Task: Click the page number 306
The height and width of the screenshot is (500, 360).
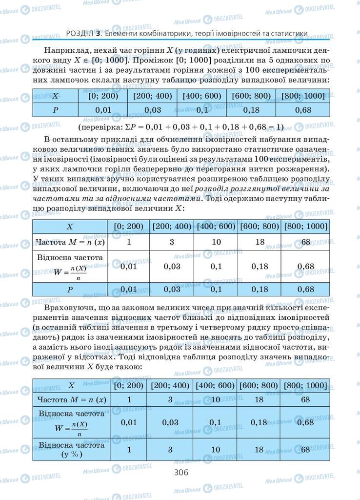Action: coord(180,472)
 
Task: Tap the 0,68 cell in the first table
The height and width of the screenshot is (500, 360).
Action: coord(303,110)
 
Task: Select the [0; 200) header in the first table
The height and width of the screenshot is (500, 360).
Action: coord(102,96)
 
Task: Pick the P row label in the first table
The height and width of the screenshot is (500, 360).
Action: coord(56,110)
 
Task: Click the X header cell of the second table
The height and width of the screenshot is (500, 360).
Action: coord(70,227)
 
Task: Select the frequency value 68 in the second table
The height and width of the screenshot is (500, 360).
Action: coord(306,242)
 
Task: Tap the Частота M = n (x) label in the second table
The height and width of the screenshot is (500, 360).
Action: coord(71,242)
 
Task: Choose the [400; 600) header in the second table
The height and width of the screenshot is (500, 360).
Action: coord(216,227)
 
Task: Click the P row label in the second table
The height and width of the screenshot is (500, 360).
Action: coord(70,289)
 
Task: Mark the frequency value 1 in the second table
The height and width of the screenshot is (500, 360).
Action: coord(129,242)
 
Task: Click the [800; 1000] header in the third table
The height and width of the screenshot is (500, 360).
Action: coord(306,385)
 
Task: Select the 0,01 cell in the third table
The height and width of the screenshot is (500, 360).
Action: coord(129,422)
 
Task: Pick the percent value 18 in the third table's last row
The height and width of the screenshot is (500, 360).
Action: coord(259,450)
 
